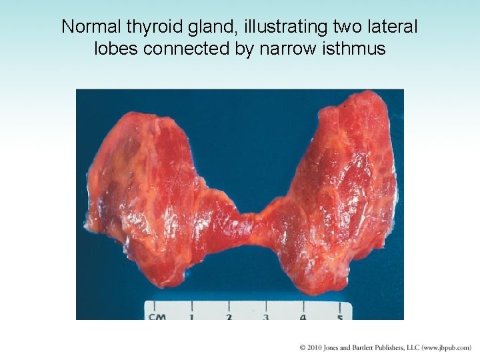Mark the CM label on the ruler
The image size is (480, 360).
point(157,317)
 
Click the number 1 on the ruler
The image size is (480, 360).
point(191,317)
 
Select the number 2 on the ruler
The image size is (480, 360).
point(229,317)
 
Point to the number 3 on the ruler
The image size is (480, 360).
point(266,317)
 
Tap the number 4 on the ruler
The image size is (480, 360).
point(303,317)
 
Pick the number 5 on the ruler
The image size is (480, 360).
point(340,317)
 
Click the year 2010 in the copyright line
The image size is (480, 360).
point(315,347)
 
